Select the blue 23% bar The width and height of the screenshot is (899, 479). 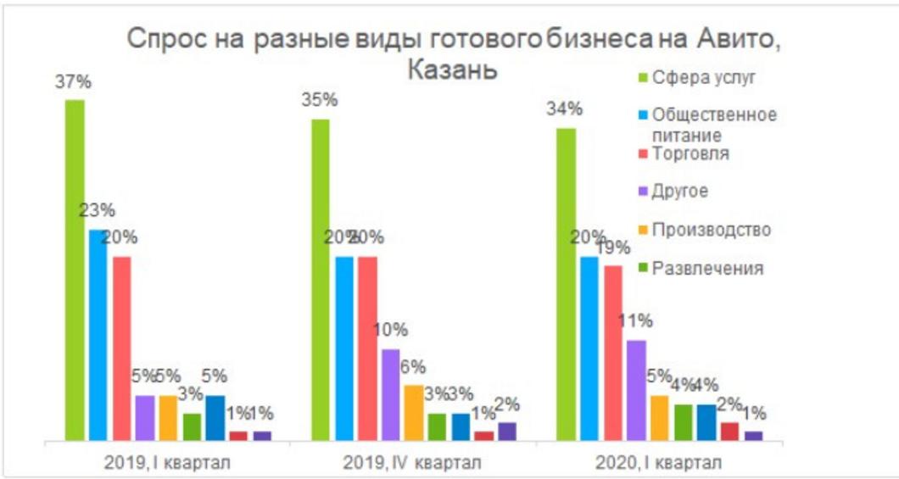point(99,335)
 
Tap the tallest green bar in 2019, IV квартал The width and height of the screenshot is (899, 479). point(321,280)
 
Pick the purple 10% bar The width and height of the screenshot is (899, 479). point(391,394)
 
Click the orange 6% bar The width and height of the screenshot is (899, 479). point(414,412)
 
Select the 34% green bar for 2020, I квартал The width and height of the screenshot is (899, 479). point(566,284)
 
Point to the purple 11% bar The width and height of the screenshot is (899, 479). point(636,390)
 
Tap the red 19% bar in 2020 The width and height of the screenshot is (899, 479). point(612,353)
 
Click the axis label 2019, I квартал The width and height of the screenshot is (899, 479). point(167,463)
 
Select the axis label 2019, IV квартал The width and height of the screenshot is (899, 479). point(412,463)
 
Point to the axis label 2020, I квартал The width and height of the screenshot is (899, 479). point(657,463)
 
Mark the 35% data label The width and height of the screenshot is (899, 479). point(320,100)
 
